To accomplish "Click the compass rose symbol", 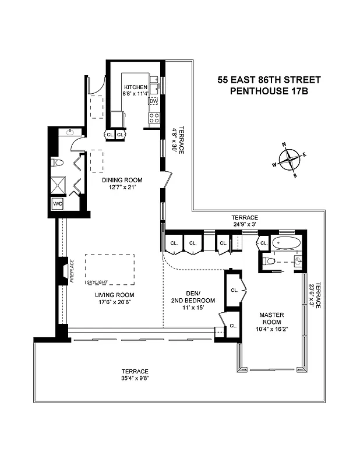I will click(x=290, y=158).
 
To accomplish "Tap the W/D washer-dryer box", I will click(x=58, y=204).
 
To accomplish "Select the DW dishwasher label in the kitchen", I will click(x=154, y=101).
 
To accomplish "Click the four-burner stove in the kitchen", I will click(x=154, y=118).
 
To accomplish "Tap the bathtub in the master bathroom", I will click(x=287, y=243).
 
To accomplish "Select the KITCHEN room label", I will click(x=135, y=87).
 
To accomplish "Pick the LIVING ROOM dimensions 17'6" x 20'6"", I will click(x=115, y=302).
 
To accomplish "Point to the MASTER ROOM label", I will click(x=271, y=318).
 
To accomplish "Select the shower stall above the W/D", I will click(x=58, y=185).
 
